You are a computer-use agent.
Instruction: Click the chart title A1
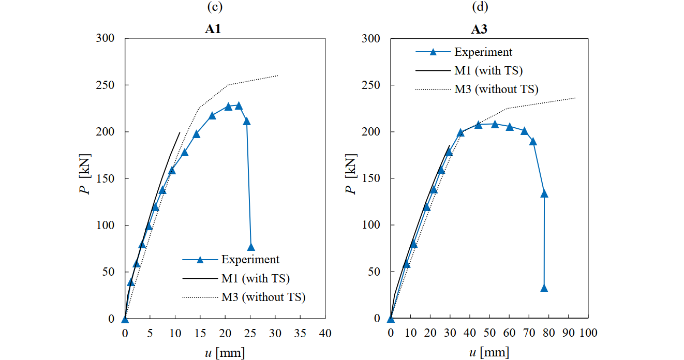213,29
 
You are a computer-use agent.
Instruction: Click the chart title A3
479,29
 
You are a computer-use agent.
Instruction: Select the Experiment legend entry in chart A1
250,260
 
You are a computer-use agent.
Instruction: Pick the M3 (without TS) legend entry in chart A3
496,89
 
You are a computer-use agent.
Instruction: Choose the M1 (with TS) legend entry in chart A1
255,278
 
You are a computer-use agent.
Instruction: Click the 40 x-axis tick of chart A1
324,333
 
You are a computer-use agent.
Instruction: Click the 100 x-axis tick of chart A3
588,333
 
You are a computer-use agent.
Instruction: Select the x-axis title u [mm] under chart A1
224,353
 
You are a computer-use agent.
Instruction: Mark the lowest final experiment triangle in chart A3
544,289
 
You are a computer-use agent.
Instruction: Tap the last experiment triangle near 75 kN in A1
251,247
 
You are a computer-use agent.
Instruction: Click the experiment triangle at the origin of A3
391,319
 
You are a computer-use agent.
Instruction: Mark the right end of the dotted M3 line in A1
278,76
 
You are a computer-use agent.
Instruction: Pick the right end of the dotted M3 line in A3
575,98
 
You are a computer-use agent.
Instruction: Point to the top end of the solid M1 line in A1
180,132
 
